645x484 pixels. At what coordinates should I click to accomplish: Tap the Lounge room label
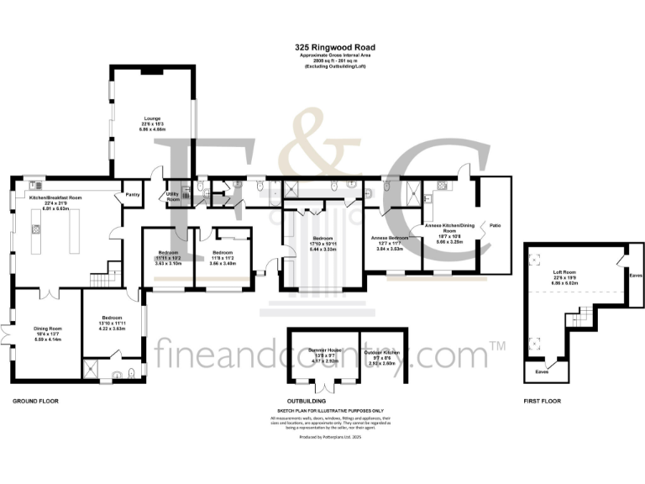point(152,118)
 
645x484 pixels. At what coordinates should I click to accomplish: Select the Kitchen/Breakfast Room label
point(55,197)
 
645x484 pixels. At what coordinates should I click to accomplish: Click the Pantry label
point(132,194)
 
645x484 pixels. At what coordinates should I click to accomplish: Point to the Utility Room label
point(174,197)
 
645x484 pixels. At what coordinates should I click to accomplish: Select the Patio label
point(496,225)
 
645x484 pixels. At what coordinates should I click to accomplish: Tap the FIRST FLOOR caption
point(542,401)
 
